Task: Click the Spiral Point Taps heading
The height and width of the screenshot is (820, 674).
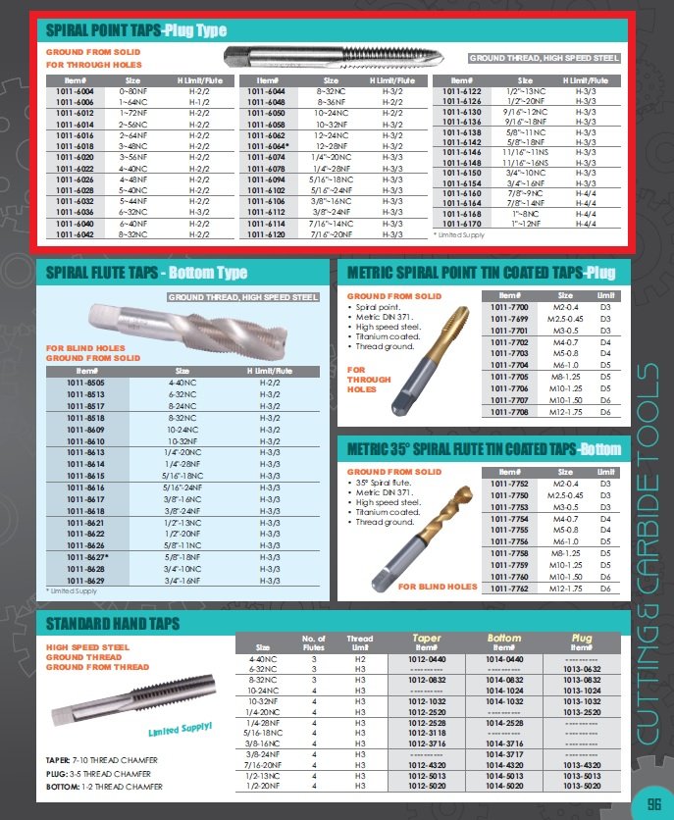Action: coord(135,30)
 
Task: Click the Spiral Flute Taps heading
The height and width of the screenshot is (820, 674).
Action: coord(141,273)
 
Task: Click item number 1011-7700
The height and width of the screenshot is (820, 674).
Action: coord(508,307)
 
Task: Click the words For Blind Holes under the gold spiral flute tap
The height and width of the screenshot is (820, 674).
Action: coord(438,587)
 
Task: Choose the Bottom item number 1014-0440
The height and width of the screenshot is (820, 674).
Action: coord(504,659)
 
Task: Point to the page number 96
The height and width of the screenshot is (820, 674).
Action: coord(651,799)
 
